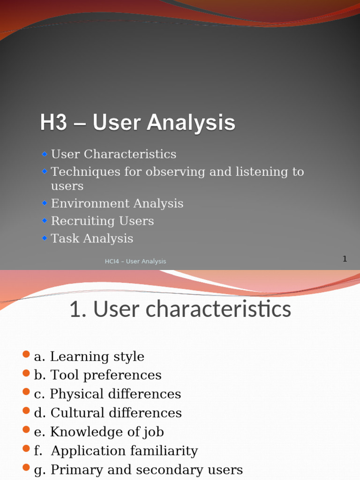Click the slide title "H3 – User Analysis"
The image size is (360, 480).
point(137,123)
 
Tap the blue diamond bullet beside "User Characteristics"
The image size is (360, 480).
point(45,154)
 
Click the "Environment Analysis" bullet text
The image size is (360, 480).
point(117,203)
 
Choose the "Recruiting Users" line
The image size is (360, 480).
point(102,221)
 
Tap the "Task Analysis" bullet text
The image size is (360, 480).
point(92,238)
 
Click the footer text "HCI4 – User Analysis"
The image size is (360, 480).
point(135,262)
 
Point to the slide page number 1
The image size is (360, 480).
point(345,259)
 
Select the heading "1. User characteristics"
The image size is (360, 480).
point(180,310)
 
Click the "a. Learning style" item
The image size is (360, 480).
point(89,357)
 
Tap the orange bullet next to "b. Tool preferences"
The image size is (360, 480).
point(26,374)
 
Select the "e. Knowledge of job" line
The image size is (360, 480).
point(99,432)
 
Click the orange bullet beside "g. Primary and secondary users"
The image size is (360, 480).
point(26,468)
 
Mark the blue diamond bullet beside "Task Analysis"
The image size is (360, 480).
point(45,238)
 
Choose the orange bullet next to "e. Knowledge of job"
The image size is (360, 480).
point(26,430)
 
